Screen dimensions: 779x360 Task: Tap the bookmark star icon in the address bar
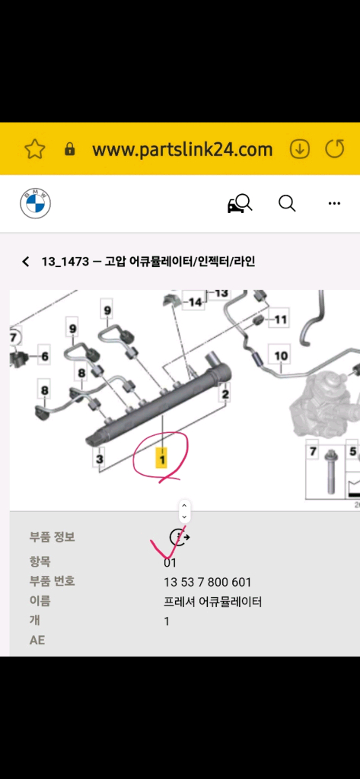[x=35, y=149]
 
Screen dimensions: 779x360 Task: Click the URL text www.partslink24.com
[x=182, y=149]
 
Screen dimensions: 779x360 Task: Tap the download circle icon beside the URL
[x=300, y=149]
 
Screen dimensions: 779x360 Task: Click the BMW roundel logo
[x=35, y=204]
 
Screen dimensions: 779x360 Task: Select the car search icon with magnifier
[x=239, y=204]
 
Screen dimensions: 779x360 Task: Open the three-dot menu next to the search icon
[x=334, y=204]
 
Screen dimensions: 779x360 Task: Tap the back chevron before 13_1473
[x=25, y=262]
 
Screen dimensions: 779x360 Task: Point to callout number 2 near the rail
[x=225, y=393]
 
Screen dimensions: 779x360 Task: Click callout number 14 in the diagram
[x=196, y=302]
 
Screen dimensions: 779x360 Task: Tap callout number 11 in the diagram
[x=281, y=320]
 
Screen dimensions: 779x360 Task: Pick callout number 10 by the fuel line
[x=281, y=355]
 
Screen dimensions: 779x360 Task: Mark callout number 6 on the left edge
[x=43, y=356]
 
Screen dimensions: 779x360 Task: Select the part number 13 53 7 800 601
[x=207, y=583]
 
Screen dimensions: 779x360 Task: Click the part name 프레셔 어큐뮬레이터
[x=212, y=602]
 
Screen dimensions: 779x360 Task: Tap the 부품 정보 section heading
[x=53, y=537]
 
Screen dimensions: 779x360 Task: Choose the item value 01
[x=170, y=564]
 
